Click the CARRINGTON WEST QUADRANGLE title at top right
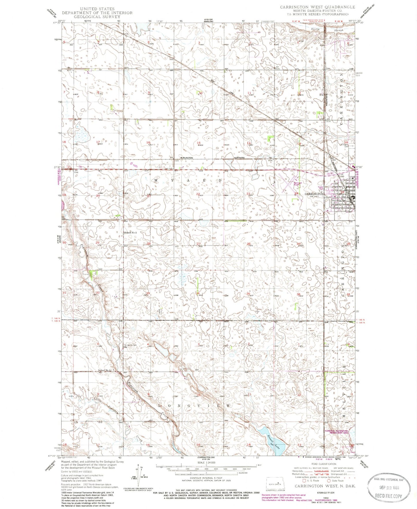(317, 7)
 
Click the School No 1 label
(104, 370)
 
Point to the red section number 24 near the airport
(296, 194)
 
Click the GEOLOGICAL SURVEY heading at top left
(97, 16)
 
